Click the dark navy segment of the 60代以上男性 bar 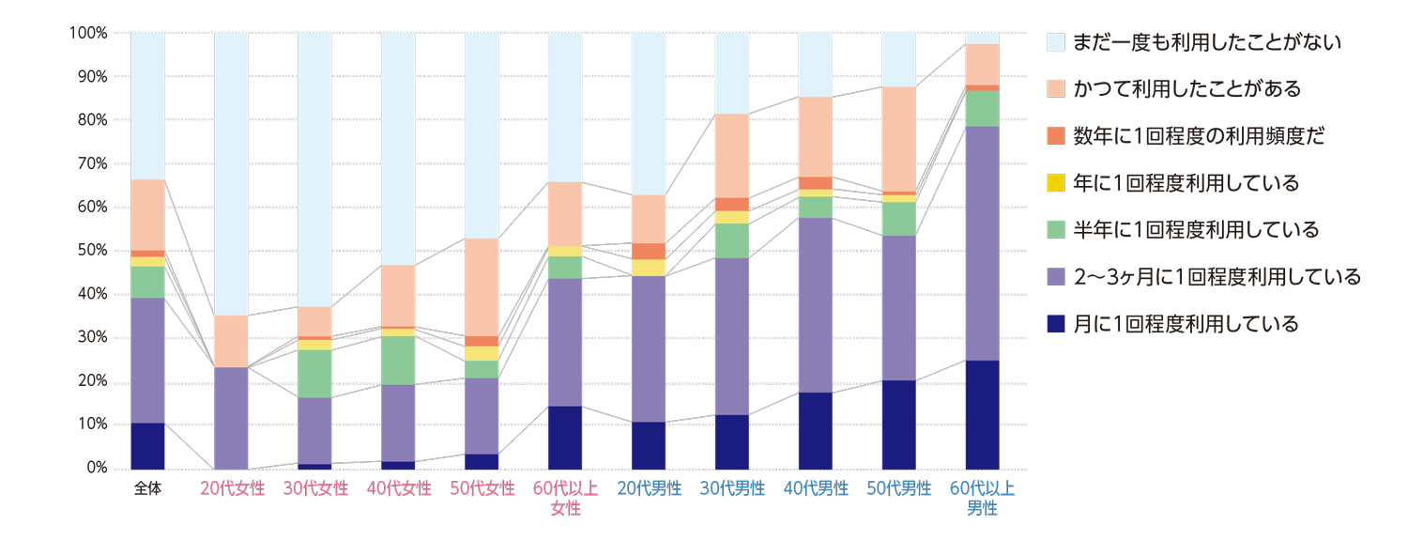point(982,414)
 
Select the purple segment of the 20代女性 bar point(231,418)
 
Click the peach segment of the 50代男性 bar point(898,139)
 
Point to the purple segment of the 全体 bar point(147,361)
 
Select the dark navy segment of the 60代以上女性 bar point(565,437)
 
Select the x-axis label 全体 point(147,489)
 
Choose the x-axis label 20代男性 point(649,489)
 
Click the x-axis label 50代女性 point(482,489)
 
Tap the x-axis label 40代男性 point(816,489)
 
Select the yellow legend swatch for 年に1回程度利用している point(1055,183)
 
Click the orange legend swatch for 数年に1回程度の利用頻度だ point(1055,136)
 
